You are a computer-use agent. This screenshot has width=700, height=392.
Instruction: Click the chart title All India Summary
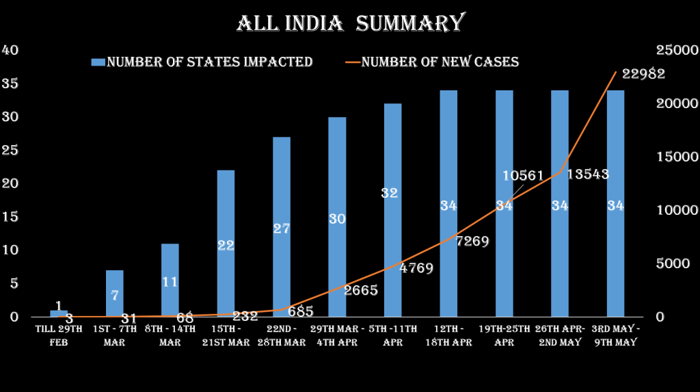350,23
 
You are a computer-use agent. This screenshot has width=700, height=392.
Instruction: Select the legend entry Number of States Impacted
202,62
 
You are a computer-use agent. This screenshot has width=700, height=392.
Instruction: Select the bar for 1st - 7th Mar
115,293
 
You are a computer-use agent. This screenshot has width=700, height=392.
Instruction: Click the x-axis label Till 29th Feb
59,335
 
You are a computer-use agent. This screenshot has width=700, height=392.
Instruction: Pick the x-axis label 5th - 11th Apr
393,335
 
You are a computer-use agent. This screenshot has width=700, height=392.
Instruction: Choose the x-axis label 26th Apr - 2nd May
560,335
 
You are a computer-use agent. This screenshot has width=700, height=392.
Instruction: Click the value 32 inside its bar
390,193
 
